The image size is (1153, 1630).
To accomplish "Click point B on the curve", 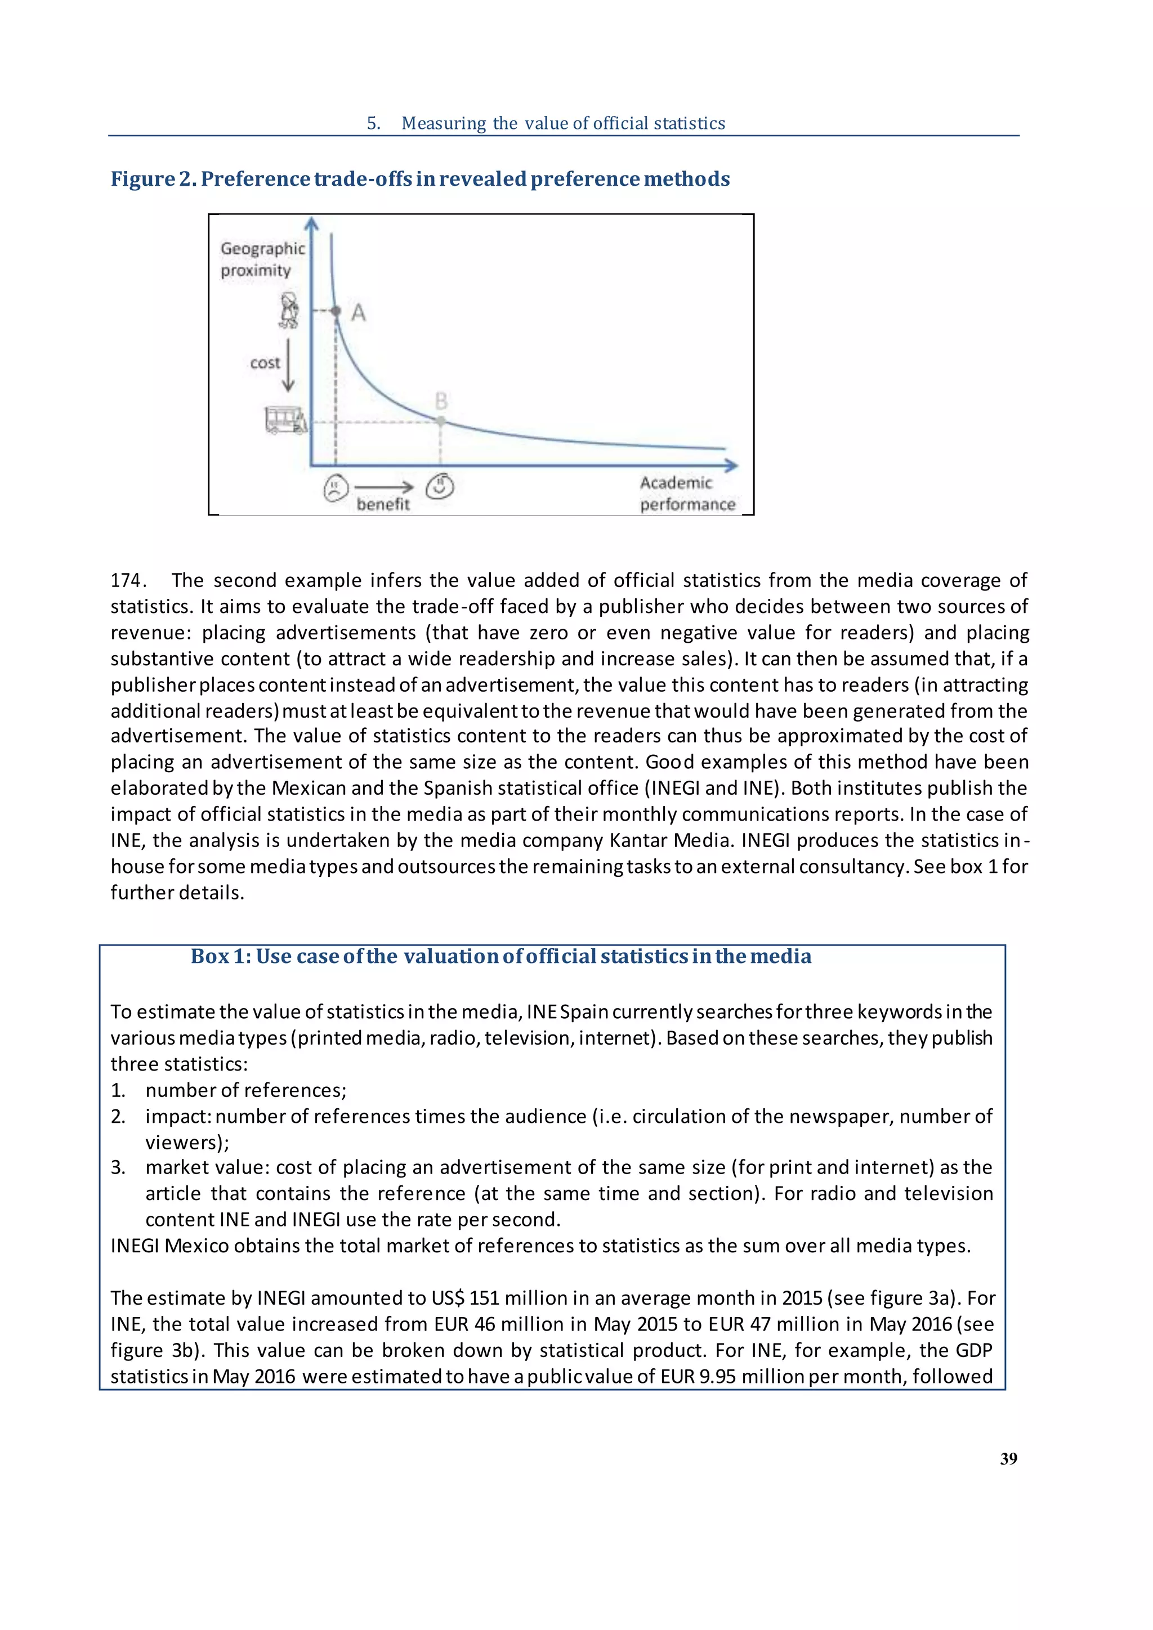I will (441, 421).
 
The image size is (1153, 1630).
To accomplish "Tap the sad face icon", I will (335, 489).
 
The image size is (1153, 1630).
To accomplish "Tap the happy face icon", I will (440, 486).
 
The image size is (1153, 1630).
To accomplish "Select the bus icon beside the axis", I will (285, 420).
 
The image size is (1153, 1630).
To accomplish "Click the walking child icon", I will (288, 311).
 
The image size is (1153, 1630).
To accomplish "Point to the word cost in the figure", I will (265, 364).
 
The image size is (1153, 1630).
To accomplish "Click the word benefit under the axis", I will (383, 504).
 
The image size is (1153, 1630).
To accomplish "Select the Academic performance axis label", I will (686, 494).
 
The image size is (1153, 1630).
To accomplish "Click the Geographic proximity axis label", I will (262, 259).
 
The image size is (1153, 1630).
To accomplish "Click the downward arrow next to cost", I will (288, 366).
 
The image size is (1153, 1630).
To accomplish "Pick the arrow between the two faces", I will (383, 487).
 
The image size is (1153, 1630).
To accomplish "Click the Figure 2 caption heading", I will (419, 179).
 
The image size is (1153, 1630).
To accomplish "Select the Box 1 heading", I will (500, 956).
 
